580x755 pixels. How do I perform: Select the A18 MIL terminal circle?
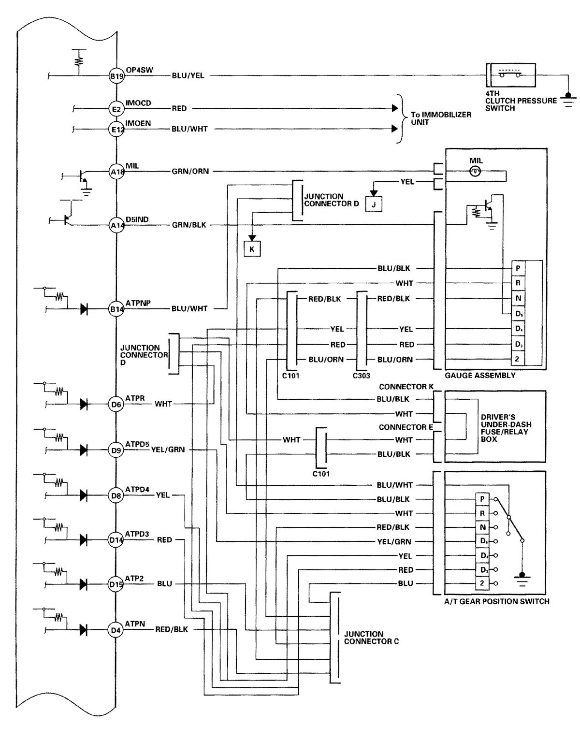[x=116, y=172]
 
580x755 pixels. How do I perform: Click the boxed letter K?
[x=252, y=249]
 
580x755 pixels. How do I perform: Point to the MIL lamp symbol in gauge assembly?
[x=475, y=172]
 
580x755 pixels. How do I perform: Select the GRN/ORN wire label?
[x=190, y=171]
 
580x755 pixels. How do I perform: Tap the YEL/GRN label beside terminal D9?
[x=168, y=450]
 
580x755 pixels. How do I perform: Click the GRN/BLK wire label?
[x=189, y=225]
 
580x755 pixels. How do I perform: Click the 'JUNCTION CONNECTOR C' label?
[x=371, y=638]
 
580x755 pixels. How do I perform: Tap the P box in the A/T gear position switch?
[x=482, y=499]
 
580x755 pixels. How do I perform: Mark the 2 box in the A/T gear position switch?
[x=482, y=583]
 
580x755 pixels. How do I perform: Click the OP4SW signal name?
[x=139, y=70]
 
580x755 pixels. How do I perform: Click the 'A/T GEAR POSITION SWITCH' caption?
[x=496, y=602]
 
